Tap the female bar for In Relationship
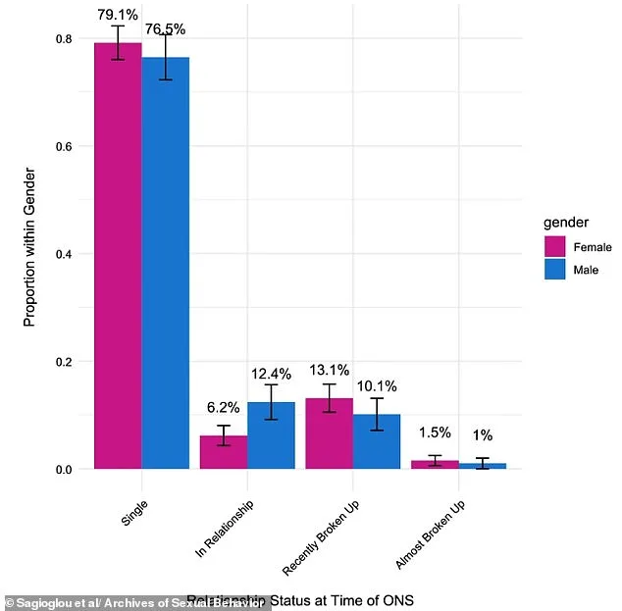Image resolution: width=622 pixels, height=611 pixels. click(224, 452)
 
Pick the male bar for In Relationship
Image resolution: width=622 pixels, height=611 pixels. click(271, 435)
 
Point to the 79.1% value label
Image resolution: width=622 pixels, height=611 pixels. click(118, 15)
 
